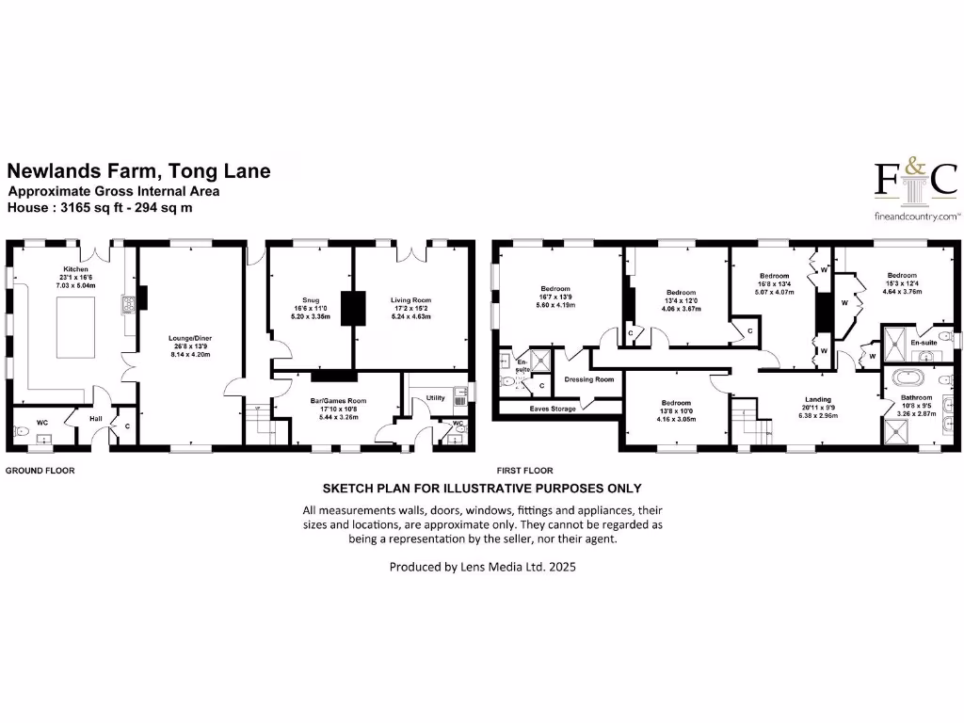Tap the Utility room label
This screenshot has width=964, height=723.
434,397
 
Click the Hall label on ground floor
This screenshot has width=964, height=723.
95,418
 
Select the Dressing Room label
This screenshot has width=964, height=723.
588,379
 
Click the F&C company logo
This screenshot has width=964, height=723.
915,181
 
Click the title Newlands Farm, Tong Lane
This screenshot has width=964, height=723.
138,171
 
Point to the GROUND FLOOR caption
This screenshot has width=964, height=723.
40,470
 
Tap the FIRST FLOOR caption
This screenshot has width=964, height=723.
525,470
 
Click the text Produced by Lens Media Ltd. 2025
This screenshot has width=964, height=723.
482,568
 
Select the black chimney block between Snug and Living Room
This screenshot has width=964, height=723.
354,308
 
